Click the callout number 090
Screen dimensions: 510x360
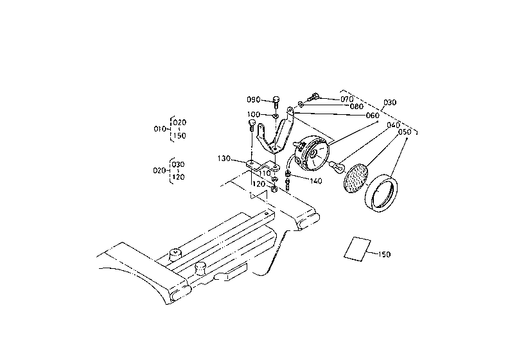pos(254,99)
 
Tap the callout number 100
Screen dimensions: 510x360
pos(254,114)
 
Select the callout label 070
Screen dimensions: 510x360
pos(347,99)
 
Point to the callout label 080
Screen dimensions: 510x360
pos(356,107)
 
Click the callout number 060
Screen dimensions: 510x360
pos(373,116)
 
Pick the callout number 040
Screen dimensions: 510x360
pos(393,125)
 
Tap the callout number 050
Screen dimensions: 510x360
pos(405,132)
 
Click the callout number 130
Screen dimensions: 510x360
pos(224,159)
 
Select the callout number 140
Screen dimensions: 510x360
pos(315,181)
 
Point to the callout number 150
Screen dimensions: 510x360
pos(384,254)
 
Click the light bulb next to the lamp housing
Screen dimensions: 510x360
pos(335,166)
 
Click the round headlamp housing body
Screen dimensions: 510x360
pos(312,154)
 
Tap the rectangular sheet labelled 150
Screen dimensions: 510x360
pos(358,248)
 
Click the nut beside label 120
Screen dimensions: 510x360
pos(274,189)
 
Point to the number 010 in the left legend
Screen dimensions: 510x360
pos(160,129)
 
